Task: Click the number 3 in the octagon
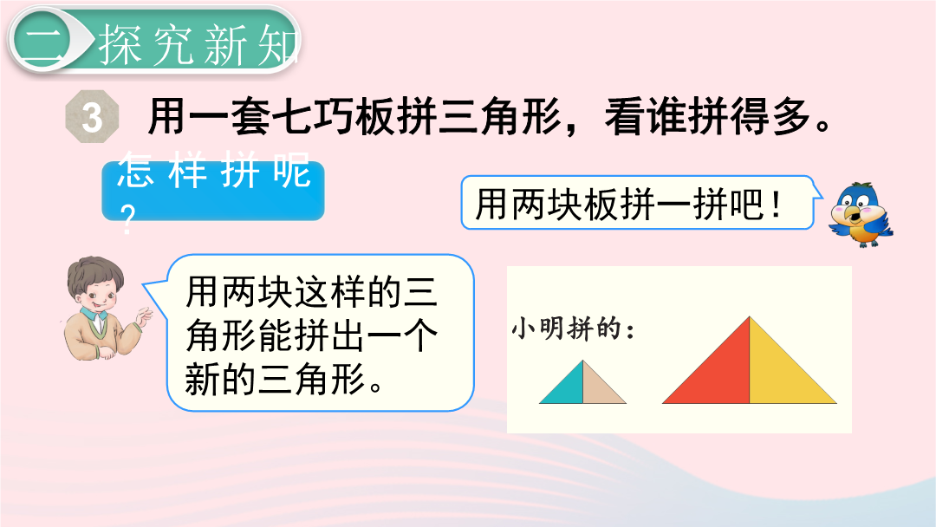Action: tap(92, 117)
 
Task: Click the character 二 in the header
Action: tap(40, 42)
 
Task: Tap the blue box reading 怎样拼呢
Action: tap(213, 191)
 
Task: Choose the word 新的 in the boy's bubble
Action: tap(221, 379)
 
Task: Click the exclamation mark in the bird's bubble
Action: tap(776, 204)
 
